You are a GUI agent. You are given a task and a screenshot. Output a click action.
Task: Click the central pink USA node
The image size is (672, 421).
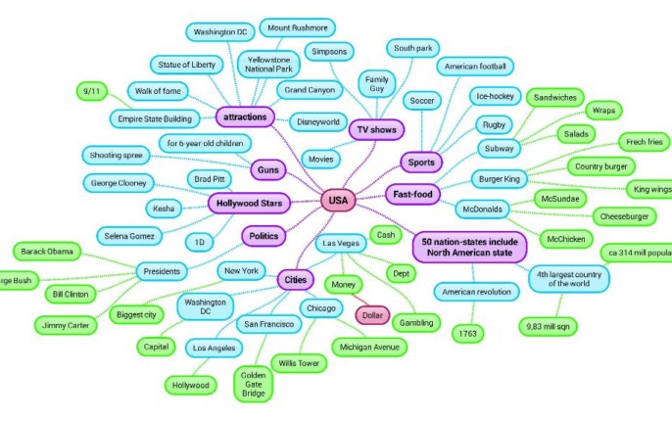tap(338, 201)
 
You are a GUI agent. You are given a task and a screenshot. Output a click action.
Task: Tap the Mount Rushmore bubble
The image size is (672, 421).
tap(298, 28)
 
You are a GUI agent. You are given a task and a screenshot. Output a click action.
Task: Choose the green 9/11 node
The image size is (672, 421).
tap(95, 91)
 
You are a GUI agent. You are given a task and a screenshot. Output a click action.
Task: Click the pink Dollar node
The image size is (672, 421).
tap(371, 316)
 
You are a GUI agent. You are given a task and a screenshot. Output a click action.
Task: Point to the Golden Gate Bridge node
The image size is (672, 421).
tap(254, 383)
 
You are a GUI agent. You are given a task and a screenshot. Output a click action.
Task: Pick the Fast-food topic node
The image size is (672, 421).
tap(414, 194)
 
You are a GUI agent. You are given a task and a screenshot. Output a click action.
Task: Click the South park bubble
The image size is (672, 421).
tap(412, 47)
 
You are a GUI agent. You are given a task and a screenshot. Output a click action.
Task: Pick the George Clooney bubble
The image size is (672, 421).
tap(120, 182)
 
